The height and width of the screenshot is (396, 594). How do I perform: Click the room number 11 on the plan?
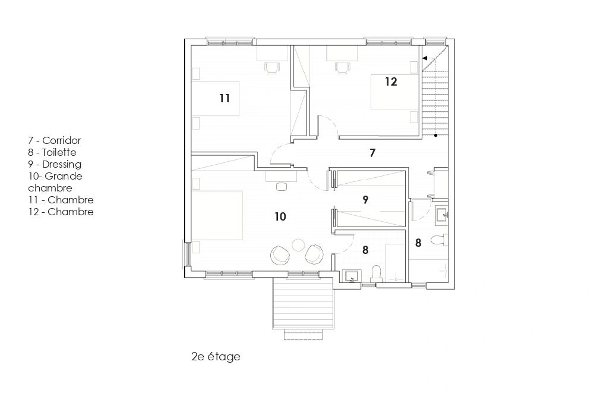[x=225, y=98]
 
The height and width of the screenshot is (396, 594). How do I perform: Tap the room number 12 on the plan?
[x=391, y=81]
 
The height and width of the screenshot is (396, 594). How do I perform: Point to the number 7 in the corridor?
[x=373, y=152]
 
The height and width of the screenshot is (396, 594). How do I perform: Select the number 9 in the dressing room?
[x=365, y=200]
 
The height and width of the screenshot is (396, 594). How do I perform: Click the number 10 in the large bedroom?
[x=280, y=216]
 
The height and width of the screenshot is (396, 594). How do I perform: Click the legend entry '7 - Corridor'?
[x=55, y=140]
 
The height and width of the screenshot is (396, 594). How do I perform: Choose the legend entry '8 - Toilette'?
[x=52, y=152]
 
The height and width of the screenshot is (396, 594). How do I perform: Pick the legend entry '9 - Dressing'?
[x=55, y=164]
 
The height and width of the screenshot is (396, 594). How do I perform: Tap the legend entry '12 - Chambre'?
[x=61, y=212]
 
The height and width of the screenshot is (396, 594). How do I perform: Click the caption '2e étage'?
[x=216, y=357]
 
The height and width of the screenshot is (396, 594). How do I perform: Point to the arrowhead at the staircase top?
[x=425, y=58]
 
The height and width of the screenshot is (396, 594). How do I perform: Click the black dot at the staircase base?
[x=435, y=135]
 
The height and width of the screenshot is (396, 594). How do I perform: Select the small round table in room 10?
[x=299, y=244]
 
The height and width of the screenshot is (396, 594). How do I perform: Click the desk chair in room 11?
[x=272, y=68]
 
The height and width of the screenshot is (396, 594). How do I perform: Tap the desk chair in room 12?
[x=342, y=68]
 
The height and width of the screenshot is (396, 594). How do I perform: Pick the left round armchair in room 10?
[x=280, y=254]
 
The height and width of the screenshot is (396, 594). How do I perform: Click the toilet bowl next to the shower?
[x=376, y=273]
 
